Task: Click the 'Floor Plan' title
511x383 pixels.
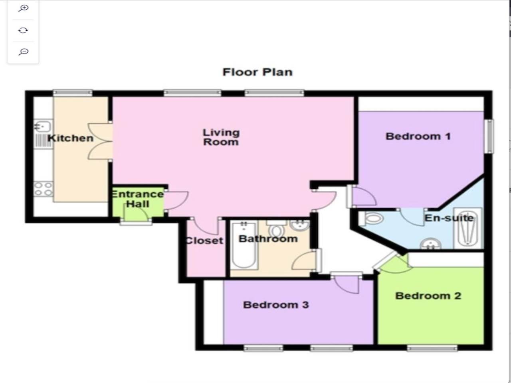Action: (x=257, y=72)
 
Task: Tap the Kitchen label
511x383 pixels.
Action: (x=70, y=138)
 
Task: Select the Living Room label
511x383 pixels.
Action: (x=221, y=137)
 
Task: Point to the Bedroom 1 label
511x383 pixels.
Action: (x=418, y=136)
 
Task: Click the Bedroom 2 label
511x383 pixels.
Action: (x=428, y=296)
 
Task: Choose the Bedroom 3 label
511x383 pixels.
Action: (x=276, y=305)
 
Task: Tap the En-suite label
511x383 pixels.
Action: (x=449, y=218)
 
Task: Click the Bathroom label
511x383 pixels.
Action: (x=268, y=239)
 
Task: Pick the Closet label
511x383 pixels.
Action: (x=204, y=241)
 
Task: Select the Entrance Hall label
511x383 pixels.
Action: (x=137, y=199)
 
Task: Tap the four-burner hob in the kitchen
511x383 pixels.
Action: (x=43, y=189)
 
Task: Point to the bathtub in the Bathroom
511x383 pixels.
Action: (x=244, y=245)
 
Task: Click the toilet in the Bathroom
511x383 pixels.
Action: (x=276, y=228)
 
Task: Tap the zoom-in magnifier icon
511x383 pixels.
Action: (x=23, y=8)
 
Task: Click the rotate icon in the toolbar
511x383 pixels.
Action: (x=23, y=30)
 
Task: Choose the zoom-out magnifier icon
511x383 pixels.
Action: (x=23, y=52)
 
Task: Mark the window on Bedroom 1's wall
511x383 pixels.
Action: (x=490, y=136)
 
